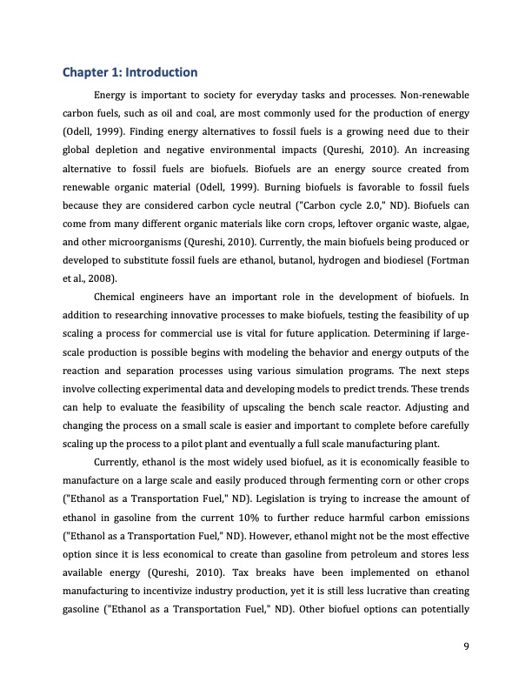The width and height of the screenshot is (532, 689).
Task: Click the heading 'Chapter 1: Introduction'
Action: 131,71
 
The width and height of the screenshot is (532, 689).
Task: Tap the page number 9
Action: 467,644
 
